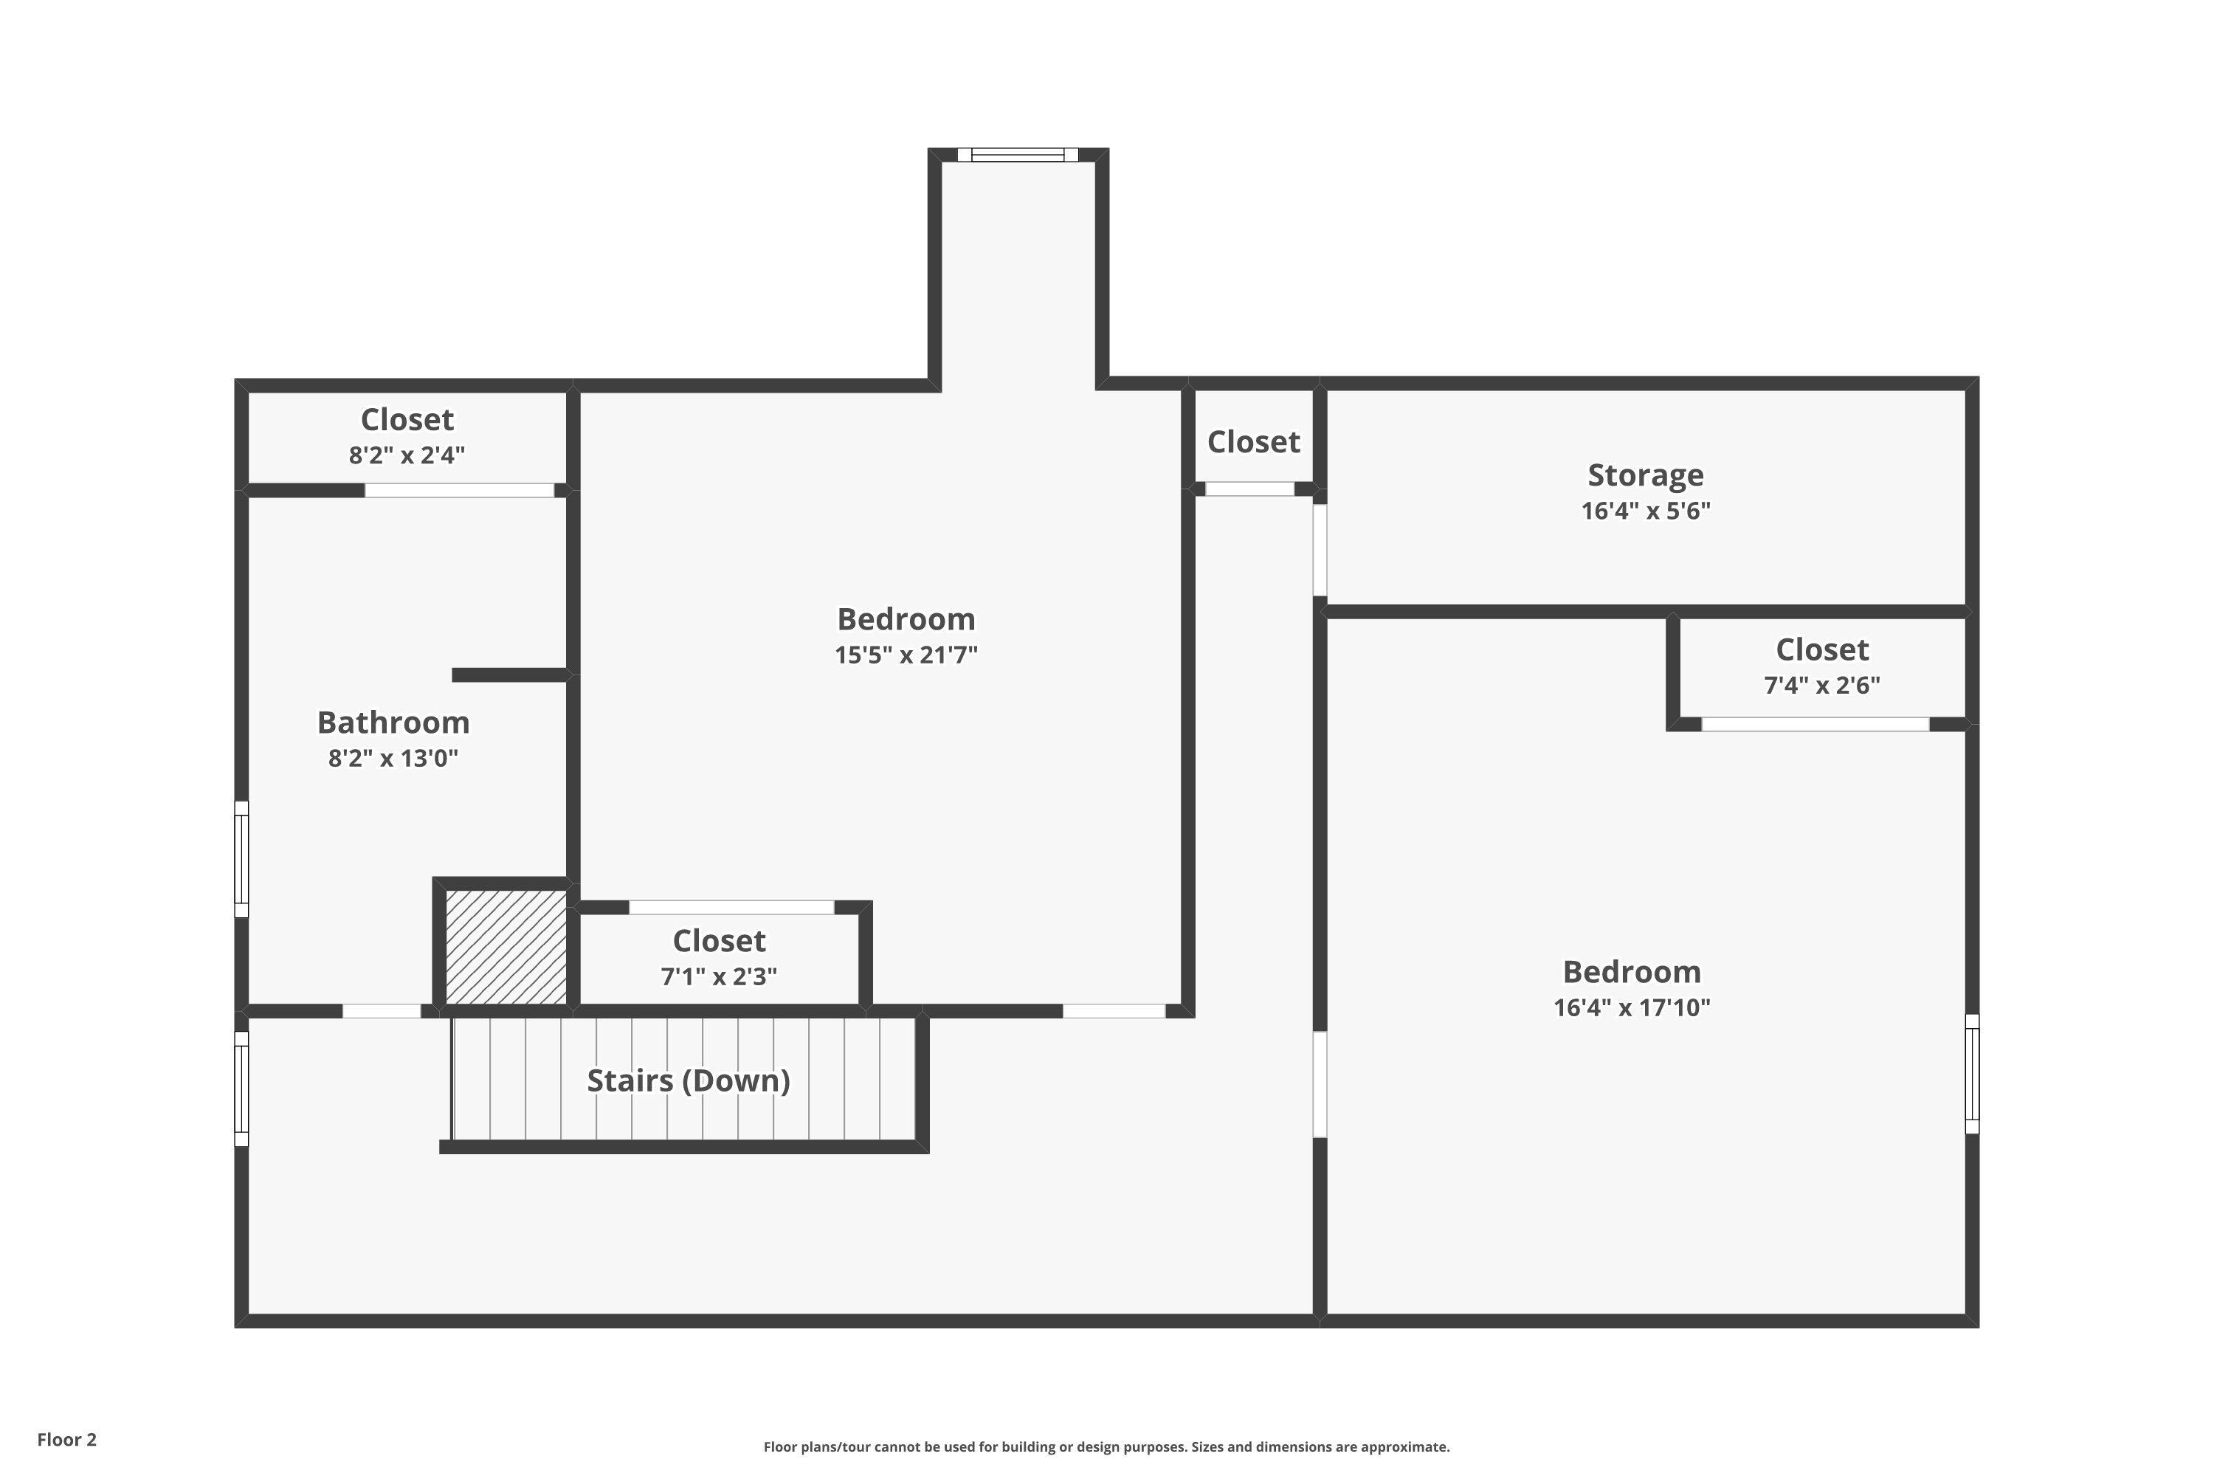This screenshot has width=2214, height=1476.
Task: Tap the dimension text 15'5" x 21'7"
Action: click(x=906, y=654)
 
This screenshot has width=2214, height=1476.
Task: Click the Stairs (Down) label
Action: click(x=688, y=1080)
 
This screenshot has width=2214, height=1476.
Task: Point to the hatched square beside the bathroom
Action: click(x=506, y=946)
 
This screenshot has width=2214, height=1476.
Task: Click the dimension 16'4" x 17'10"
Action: click(x=1630, y=1007)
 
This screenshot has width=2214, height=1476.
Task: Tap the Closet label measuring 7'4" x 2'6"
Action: click(x=1821, y=649)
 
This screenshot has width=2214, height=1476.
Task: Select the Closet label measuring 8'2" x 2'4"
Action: click(x=407, y=419)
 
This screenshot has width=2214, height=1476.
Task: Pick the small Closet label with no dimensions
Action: click(x=1253, y=441)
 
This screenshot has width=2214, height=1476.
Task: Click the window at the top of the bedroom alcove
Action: click(x=1018, y=154)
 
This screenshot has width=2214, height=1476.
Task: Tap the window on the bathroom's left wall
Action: click(x=242, y=858)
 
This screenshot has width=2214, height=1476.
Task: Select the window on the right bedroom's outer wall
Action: click(x=1971, y=1073)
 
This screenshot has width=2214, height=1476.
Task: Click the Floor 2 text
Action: click(x=67, y=1439)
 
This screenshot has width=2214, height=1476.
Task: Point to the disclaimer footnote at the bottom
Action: click(x=1106, y=1446)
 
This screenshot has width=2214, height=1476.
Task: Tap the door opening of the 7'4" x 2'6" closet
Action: click(x=1815, y=724)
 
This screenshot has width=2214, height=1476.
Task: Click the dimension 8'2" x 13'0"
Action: click(x=393, y=758)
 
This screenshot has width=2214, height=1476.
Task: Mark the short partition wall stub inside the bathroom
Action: click(x=509, y=675)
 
